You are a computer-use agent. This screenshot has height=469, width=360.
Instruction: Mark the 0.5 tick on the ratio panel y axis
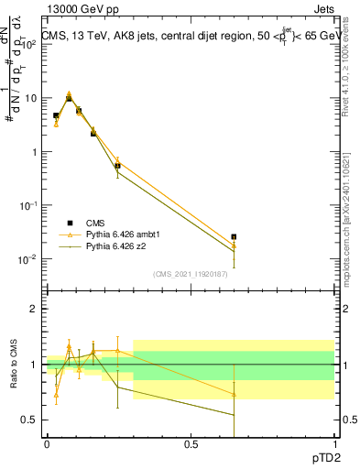click(30, 420)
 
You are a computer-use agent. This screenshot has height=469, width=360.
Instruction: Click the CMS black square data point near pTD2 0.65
click(234, 236)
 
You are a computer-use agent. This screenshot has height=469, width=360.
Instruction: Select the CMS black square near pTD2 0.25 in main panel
click(117, 166)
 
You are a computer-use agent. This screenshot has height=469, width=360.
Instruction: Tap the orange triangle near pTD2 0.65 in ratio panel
click(234, 395)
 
